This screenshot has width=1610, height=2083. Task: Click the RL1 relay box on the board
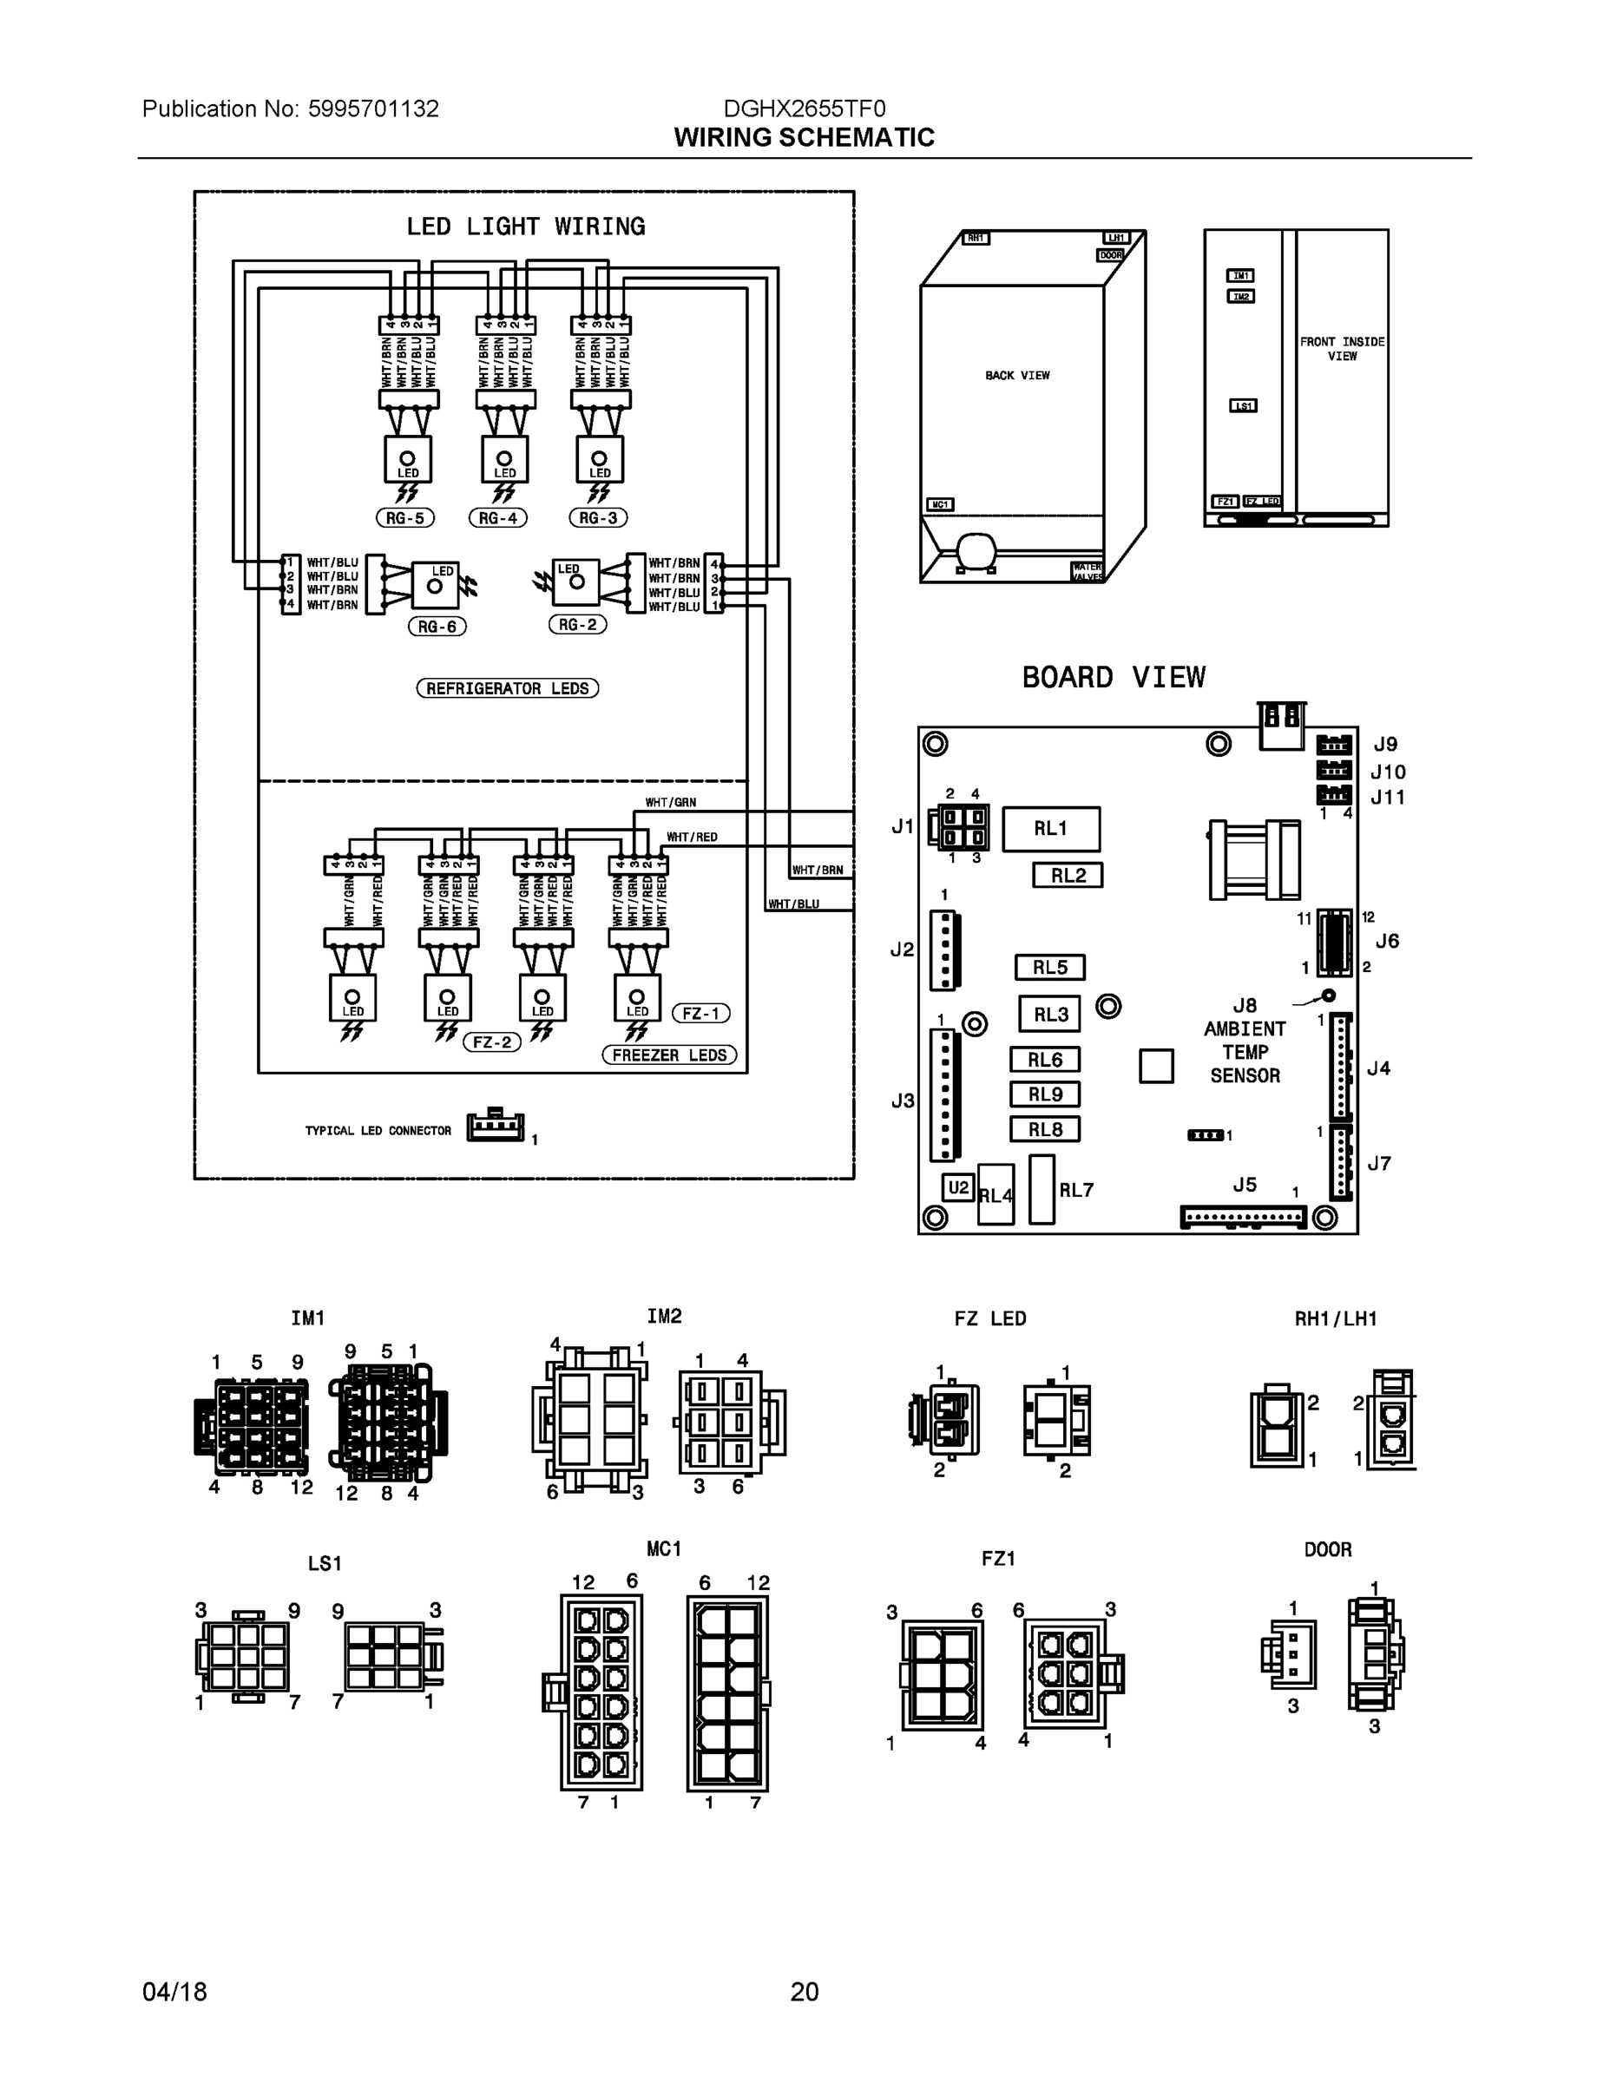(1051, 829)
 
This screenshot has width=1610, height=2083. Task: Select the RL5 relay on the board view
(1049, 967)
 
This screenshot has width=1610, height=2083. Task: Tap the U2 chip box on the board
(957, 1187)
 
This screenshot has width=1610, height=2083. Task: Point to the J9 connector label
(1385, 744)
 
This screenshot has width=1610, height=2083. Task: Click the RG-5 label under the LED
(404, 518)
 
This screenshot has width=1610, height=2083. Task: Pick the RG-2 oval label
(577, 625)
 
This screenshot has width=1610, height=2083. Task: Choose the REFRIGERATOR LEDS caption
(508, 688)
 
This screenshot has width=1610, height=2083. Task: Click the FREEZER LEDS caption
(669, 1055)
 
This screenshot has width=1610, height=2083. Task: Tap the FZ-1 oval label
(701, 1014)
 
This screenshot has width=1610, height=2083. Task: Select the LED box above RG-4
(504, 460)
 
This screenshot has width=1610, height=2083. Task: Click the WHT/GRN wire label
(671, 802)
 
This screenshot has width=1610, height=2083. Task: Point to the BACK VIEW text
(1016, 376)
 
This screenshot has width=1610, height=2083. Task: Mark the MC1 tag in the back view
(939, 504)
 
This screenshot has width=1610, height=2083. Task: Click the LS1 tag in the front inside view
(1243, 405)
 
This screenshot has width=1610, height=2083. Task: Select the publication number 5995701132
(373, 108)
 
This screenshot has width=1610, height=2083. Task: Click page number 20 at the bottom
(804, 1992)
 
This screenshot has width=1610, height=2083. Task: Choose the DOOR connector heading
(1328, 1550)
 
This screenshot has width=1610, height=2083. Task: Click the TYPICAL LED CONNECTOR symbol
(494, 1127)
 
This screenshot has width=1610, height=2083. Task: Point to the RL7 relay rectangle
(1042, 1189)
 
